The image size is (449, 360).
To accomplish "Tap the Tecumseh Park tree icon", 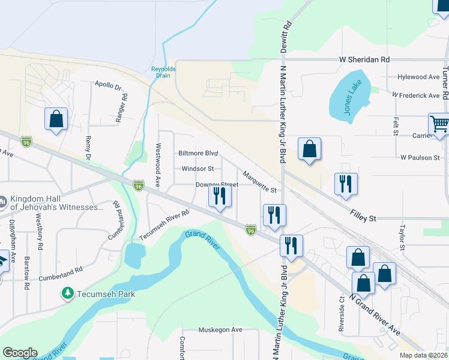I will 67,293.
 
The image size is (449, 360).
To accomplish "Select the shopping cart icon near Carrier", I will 439,124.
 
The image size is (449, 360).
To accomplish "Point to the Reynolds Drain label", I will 163,72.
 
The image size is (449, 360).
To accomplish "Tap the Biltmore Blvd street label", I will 197,154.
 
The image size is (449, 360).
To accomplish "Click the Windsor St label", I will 197,169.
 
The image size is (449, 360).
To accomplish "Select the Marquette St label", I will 259,182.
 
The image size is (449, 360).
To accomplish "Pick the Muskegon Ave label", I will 220,330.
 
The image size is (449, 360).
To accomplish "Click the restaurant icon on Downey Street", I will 219,196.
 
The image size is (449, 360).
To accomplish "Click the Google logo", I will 20,353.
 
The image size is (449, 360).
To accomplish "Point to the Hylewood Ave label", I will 418,77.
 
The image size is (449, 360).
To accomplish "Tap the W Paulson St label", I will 420,157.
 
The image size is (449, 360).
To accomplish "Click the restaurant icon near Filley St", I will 346,184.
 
